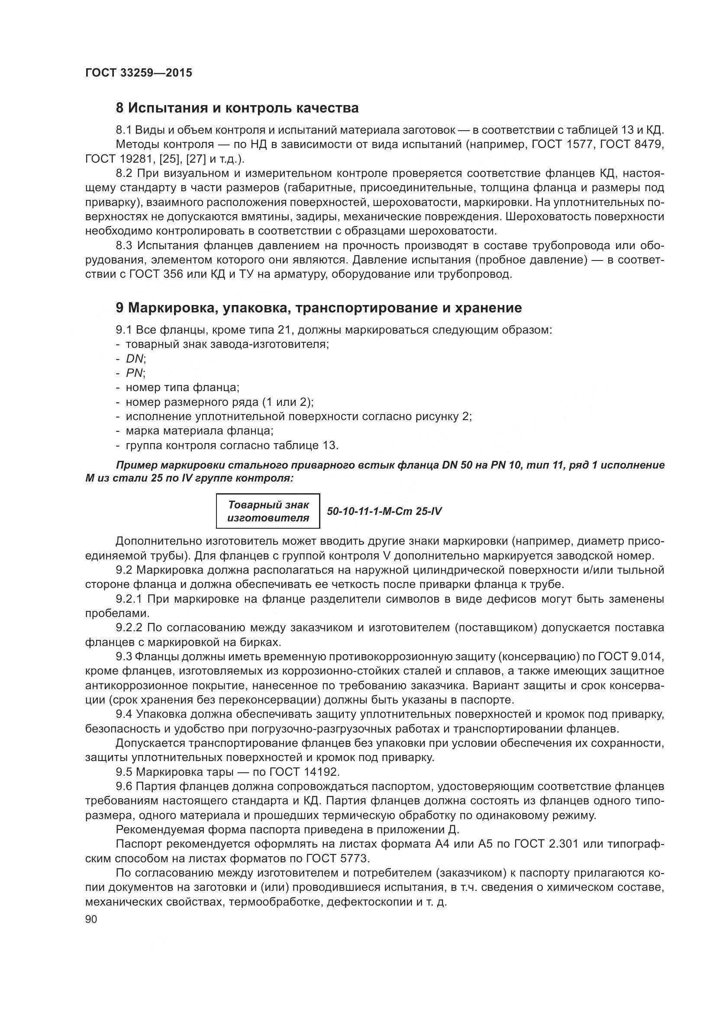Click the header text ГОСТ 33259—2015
click(x=139, y=73)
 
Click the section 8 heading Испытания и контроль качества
click(x=237, y=108)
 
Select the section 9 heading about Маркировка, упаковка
click(x=319, y=308)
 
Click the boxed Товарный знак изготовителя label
click(x=268, y=511)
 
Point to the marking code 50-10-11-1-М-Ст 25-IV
click(x=384, y=511)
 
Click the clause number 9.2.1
click(x=129, y=599)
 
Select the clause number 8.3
click(x=124, y=245)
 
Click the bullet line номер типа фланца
click(x=182, y=388)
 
